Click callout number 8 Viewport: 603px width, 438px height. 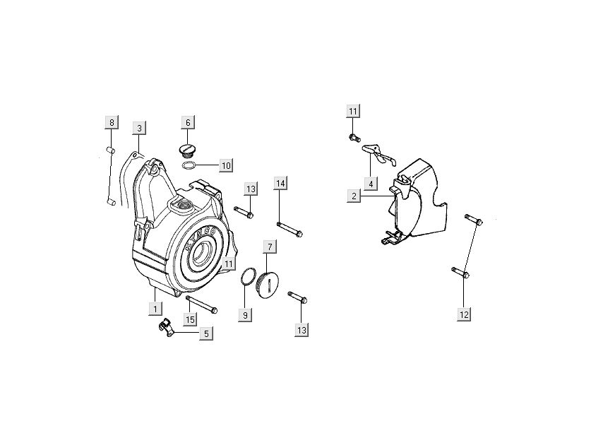pos(111,123)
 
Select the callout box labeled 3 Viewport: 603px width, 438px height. pos(140,128)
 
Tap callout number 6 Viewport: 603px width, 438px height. pos(188,123)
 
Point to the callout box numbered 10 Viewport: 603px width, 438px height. pos(225,166)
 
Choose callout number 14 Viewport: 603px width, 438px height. pos(280,184)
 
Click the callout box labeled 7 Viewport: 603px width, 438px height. pos(269,247)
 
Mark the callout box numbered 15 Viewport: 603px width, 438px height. pos(190,320)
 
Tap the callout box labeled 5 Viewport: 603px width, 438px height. pos(206,333)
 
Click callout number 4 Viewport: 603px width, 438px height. pos(369,184)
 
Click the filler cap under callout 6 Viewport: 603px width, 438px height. pos(188,151)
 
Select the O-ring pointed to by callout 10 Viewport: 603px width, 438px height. pos(189,166)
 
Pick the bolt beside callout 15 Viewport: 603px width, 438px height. pos(201,305)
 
